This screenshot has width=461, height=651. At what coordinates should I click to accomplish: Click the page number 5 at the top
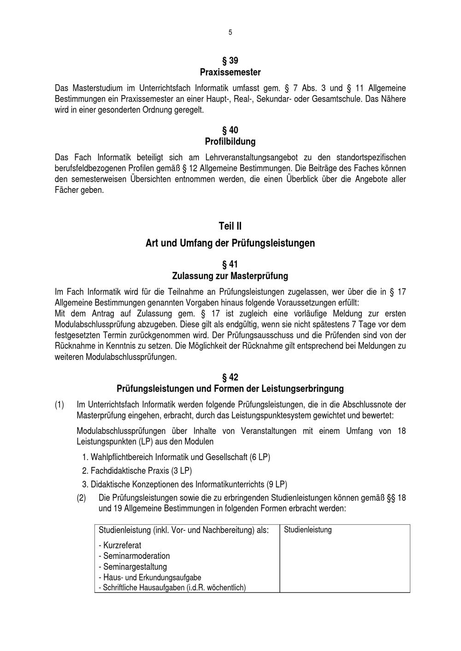[230, 32]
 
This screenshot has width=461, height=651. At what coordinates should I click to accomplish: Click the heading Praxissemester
[230, 72]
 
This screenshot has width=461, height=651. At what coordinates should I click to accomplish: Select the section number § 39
[230, 61]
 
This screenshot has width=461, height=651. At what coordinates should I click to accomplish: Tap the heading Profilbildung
[230, 141]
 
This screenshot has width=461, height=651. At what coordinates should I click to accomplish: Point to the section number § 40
[230, 130]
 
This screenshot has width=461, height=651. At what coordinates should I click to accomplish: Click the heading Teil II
[230, 226]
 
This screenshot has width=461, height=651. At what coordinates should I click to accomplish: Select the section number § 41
[230, 264]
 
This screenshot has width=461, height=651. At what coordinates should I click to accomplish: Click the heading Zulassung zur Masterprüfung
[230, 276]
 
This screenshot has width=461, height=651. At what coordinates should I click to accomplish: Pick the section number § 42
[230, 378]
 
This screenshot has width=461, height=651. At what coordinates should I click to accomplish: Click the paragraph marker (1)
[59, 405]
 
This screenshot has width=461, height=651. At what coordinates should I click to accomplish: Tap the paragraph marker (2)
[81, 498]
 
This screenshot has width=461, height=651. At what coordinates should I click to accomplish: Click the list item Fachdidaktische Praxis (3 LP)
[136, 471]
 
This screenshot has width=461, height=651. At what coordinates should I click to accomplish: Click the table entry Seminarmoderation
[134, 556]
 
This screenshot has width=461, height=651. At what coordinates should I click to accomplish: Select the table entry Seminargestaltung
[133, 567]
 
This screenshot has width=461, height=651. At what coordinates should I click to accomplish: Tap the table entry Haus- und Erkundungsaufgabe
[150, 577]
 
